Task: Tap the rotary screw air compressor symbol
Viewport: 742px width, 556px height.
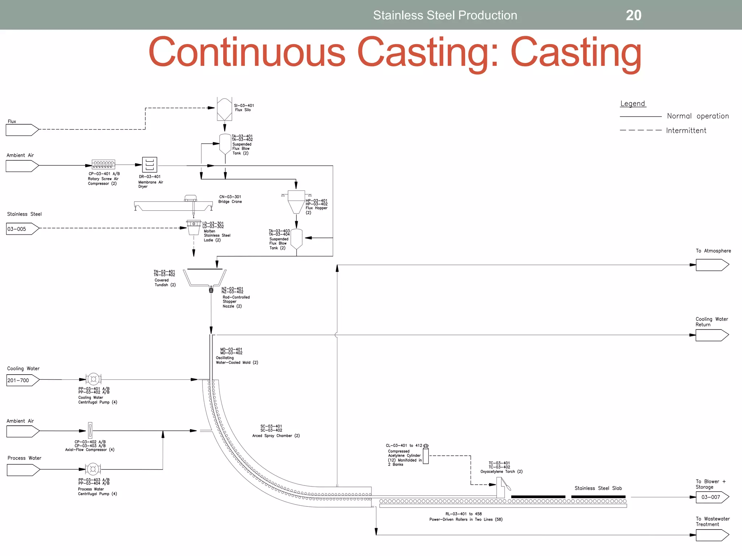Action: tap(103, 165)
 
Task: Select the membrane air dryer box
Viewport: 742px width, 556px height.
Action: tap(149, 165)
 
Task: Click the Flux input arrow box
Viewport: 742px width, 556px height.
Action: tap(22, 130)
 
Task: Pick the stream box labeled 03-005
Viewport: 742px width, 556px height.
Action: tap(22, 229)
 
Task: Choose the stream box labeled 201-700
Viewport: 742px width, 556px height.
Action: tap(22, 380)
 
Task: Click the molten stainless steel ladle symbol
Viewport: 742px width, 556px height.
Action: tap(194, 227)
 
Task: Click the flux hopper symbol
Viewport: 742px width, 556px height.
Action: tap(296, 201)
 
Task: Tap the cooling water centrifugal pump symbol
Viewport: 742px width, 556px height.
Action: tap(93, 379)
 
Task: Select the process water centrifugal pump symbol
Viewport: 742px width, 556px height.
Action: tap(93, 469)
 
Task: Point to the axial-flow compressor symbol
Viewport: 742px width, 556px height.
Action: tap(90, 430)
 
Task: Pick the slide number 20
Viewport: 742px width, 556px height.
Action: tap(633, 15)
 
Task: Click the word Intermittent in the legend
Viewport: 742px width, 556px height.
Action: tap(686, 131)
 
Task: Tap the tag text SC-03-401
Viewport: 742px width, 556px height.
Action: tap(271, 426)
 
